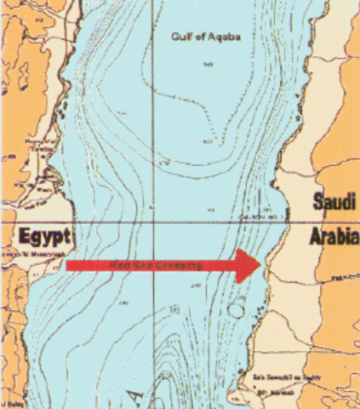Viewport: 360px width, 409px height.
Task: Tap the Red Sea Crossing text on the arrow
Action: [158, 266]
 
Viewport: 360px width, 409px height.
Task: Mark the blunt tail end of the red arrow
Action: [68, 266]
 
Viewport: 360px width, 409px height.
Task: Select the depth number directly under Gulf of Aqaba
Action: [205, 64]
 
